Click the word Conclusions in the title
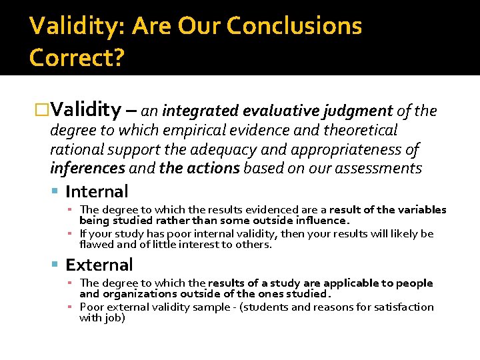294,26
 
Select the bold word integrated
201,110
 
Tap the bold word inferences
87,168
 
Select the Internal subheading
97,192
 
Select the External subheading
99,265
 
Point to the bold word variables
421,210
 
